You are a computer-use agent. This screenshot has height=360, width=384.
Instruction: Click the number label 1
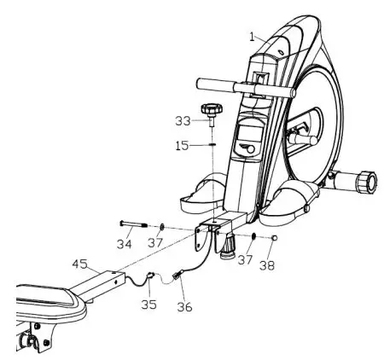coord(253,37)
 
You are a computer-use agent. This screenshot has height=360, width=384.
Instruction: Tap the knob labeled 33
coord(211,111)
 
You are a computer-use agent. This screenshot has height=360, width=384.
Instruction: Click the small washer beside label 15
coord(209,145)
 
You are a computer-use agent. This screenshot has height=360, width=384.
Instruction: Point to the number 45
coord(79,264)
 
